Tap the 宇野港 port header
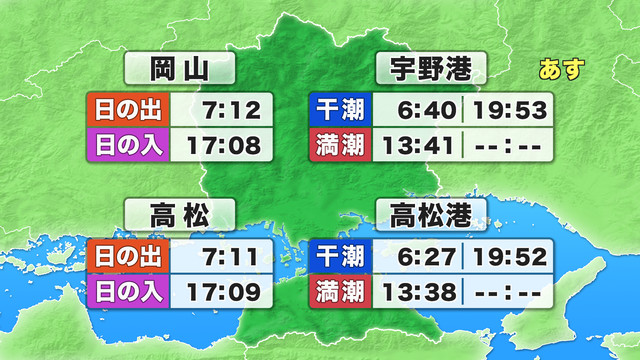[x=431, y=70]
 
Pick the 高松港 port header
[x=431, y=215]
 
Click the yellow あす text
[x=561, y=70]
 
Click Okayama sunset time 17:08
[x=225, y=145]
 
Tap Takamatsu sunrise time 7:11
[x=231, y=256]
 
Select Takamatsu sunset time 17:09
[x=225, y=293]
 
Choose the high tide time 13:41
[x=420, y=145]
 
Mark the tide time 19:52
[x=511, y=256]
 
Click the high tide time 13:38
[x=420, y=293]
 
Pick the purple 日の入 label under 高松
[x=129, y=293]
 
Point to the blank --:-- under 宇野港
[x=510, y=145]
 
